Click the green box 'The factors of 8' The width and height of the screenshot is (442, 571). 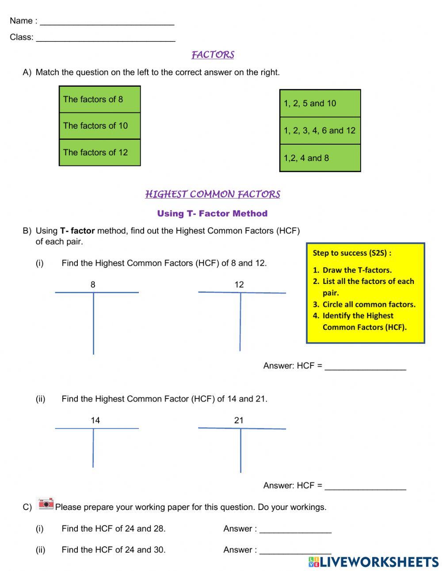pyautogui.click(x=99, y=100)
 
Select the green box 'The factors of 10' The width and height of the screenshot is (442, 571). pyautogui.click(x=99, y=126)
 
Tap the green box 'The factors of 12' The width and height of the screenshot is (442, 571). pyautogui.click(x=99, y=153)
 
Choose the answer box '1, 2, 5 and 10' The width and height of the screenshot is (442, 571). pyautogui.click(x=320, y=103)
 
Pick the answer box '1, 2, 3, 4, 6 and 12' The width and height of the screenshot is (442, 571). pyautogui.click(x=320, y=130)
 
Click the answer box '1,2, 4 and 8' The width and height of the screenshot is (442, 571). pyautogui.click(x=320, y=158)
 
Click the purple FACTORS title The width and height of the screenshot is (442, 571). pyautogui.click(x=213, y=55)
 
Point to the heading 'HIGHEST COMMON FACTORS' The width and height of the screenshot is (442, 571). pyautogui.click(x=213, y=194)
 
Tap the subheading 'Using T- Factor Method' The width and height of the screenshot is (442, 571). pyautogui.click(x=212, y=214)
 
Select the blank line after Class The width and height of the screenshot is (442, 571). pyautogui.click(x=106, y=38)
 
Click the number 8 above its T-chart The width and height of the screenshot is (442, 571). pyautogui.click(x=93, y=285)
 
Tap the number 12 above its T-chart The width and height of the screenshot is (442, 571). pyautogui.click(x=239, y=285)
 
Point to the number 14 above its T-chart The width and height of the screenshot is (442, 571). pyautogui.click(x=95, y=421)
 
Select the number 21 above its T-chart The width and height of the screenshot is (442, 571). pyautogui.click(x=239, y=421)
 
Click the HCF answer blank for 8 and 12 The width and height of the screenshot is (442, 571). pyautogui.click(x=365, y=367)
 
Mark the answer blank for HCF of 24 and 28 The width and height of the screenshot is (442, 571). pyautogui.click(x=295, y=529)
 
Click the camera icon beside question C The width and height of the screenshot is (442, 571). pyautogui.click(x=46, y=504)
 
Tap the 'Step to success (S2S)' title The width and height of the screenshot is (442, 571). pyautogui.click(x=352, y=253)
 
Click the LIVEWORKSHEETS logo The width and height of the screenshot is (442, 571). pyautogui.click(x=373, y=562)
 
